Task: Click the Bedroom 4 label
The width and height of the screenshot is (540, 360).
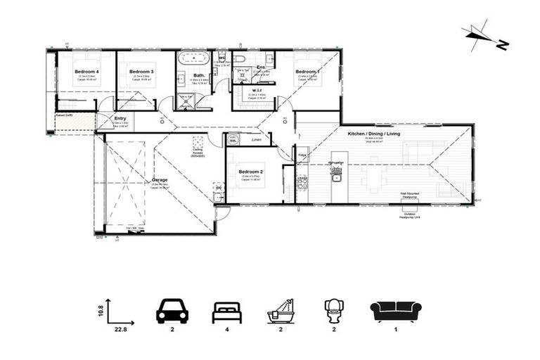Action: (x=88, y=72)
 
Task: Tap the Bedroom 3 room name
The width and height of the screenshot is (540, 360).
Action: (x=142, y=72)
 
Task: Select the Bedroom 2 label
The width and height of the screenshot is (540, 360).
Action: (x=250, y=172)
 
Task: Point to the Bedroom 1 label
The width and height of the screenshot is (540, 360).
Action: (x=307, y=72)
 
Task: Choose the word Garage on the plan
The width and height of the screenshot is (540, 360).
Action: (x=160, y=180)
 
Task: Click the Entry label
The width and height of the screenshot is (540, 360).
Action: (x=120, y=118)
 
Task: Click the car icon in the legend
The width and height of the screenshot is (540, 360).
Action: (x=172, y=310)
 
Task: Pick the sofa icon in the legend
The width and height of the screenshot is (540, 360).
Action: (x=396, y=310)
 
